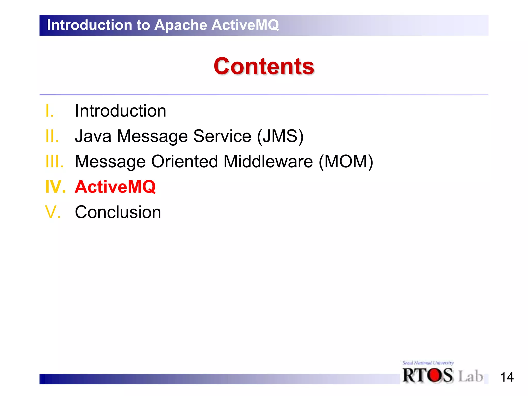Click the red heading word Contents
coord(264,66)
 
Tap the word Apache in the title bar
coord(181,25)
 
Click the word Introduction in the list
coord(120,111)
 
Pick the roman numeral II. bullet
coord(52,136)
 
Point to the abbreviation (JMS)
coord(280,136)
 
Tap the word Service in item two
coord(222,136)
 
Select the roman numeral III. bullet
coord(54,161)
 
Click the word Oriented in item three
coord(184,161)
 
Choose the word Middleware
coord(268,161)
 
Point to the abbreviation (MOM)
coord(346,161)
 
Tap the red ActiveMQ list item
coord(115,187)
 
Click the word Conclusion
coord(118,212)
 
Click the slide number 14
coord(507,377)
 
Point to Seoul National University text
coord(428,363)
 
